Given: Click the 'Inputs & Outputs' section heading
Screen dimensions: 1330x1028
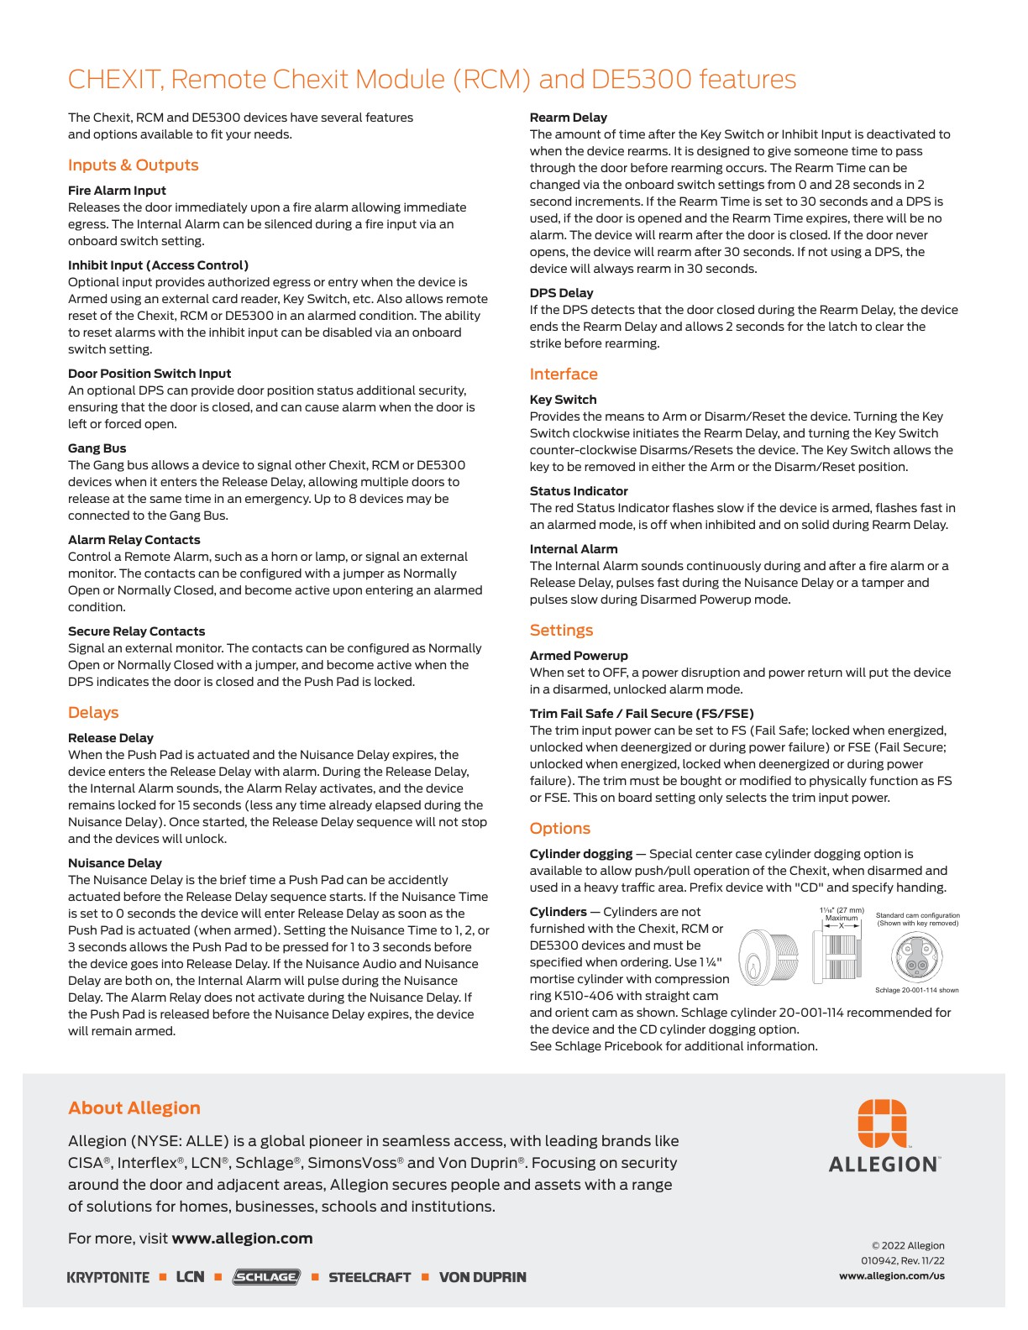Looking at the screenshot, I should coord(134,165).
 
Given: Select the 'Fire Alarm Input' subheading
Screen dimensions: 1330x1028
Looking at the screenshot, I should coord(117,191).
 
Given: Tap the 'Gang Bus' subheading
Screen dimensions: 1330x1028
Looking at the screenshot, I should coord(97,448).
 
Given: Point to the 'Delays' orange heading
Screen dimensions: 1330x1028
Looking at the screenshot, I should coord(93,713).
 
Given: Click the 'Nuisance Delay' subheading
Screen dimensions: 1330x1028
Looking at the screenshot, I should coord(115,863).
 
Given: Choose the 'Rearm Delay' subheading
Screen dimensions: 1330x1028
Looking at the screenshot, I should coord(568,118).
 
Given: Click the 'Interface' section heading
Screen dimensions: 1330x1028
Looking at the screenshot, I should coord(564,374).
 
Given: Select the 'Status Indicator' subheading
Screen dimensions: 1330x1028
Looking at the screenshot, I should coord(579,491).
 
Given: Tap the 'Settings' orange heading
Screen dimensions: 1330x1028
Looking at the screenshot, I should coord(561,631).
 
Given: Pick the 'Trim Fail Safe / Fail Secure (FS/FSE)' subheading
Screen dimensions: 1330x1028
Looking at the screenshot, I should coord(642,714).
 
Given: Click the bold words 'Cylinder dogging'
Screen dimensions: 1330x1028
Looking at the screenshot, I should coord(580,854).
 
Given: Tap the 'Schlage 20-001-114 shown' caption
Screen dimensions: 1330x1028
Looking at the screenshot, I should coord(916,990).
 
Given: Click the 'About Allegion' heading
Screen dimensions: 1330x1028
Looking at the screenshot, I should coord(134,1108).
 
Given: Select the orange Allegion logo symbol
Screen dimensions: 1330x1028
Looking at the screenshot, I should coord(882,1123).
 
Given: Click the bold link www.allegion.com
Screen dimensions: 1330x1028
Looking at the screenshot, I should coord(242,1238).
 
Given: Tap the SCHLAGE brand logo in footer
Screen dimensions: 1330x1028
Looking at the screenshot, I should coord(266,1277).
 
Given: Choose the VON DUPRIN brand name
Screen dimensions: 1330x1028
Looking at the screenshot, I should coord(483,1277).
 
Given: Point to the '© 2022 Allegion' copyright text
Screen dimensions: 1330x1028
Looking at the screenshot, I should coord(908,1246).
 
